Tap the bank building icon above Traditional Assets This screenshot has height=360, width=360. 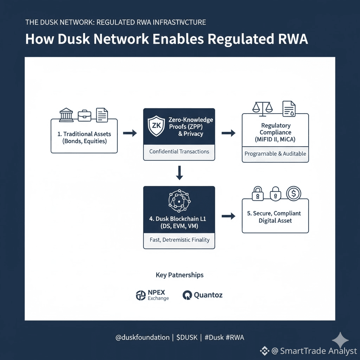point(66,115)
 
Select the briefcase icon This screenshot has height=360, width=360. point(84,115)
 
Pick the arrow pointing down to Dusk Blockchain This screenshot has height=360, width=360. point(179,172)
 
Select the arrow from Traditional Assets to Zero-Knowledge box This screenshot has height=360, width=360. point(130,133)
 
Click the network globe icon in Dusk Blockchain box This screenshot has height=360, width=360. point(179,201)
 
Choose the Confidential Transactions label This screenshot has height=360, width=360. point(179,152)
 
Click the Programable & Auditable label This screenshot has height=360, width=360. point(275,154)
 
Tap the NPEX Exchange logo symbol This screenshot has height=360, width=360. point(141,295)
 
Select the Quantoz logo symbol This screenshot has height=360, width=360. point(187,295)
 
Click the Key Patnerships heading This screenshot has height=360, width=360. point(179,275)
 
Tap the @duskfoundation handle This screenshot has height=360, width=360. point(142,337)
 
